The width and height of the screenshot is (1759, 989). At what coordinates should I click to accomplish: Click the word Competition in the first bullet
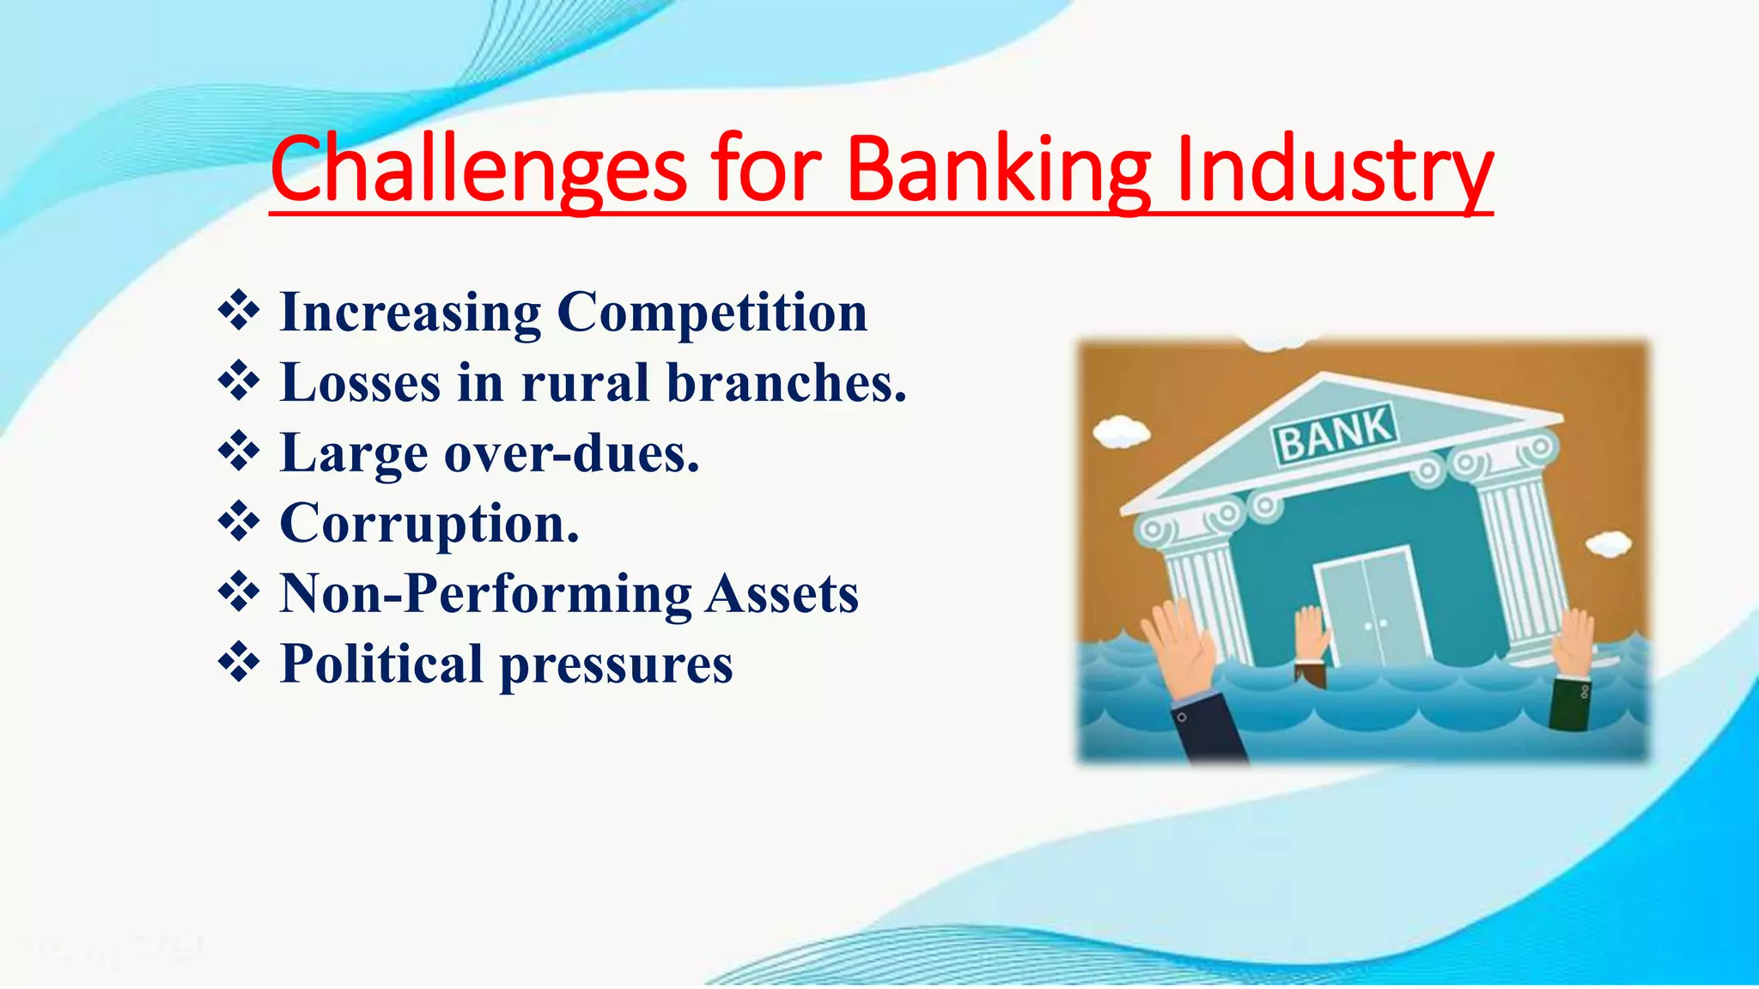tap(712, 312)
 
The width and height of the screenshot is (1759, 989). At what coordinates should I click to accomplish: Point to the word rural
tap(585, 383)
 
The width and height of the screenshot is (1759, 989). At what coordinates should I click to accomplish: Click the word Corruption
tap(429, 524)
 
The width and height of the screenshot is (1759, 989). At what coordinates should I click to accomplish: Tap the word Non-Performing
tap(485, 594)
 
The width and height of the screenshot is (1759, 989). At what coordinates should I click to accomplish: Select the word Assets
tap(782, 594)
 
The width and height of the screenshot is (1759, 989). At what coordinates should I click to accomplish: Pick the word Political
tap(381, 664)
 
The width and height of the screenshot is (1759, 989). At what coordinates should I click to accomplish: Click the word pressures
tap(616, 665)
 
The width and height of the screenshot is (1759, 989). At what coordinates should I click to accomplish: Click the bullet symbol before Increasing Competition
tap(239, 311)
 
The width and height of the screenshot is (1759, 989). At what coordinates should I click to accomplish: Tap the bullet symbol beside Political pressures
tap(239, 663)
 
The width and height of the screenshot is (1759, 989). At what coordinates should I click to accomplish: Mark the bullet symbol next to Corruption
tap(239, 522)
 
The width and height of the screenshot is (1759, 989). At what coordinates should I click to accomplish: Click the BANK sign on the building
tap(1336, 434)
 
